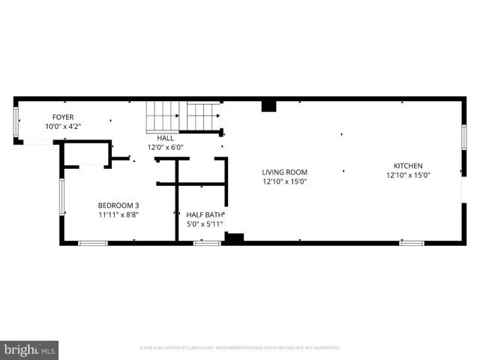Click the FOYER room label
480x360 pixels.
point(62,117)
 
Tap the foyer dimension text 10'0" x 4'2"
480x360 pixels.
point(62,127)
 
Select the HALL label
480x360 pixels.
point(165,138)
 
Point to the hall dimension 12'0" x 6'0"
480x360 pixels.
point(165,148)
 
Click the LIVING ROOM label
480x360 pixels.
point(284,171)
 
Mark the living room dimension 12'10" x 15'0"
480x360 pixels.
point(284,181)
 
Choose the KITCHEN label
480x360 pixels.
point(408,166)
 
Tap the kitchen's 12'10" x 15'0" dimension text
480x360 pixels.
point(408,175)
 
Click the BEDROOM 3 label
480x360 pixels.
point(118,205)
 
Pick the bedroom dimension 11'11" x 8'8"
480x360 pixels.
point(118,214)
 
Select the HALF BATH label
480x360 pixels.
point(205,214)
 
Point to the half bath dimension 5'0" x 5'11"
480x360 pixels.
point(205,223)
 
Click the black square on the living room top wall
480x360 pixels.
point(268,106)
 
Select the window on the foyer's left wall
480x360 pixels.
point(16,122)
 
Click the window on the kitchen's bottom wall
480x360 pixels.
point(411,243)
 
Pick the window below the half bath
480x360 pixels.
point(206,243)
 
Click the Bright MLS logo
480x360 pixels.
point(30,349)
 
